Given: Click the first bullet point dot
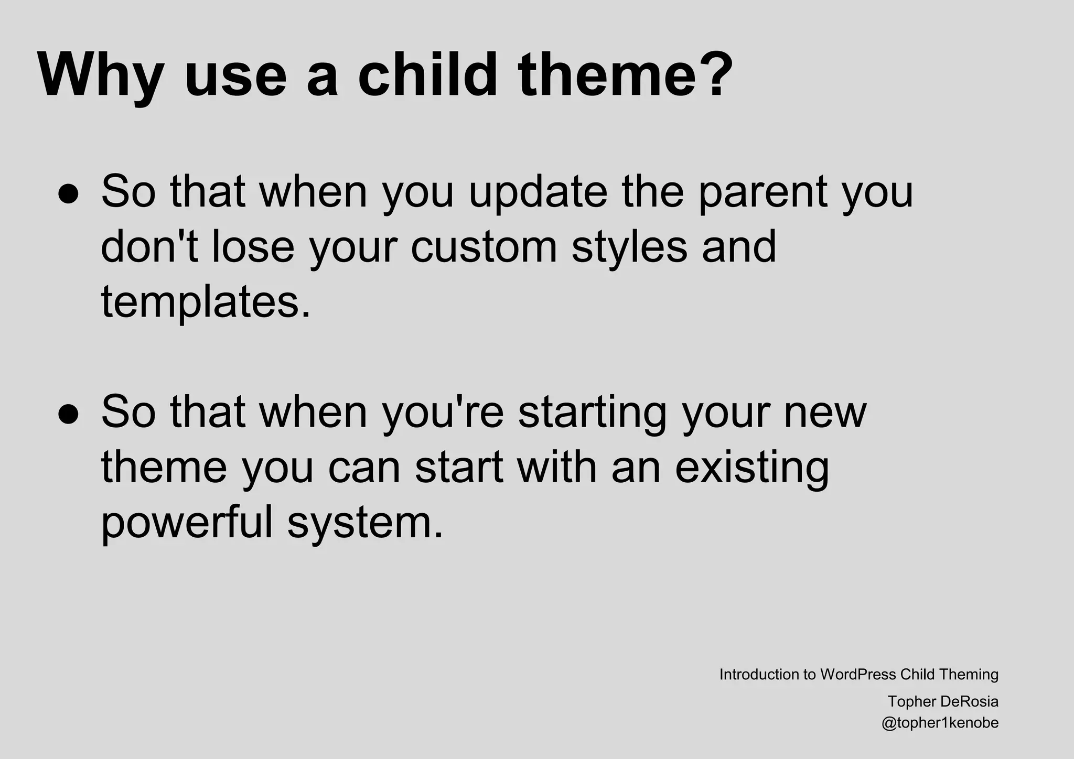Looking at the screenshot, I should pos(69,193).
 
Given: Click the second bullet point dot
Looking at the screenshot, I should pos(69,414).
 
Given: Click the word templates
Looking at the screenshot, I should pos(205,303).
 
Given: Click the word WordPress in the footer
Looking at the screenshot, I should pos(858,674).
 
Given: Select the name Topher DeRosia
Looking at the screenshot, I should pos(943,701).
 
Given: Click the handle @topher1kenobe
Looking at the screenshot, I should pos(940,723).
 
